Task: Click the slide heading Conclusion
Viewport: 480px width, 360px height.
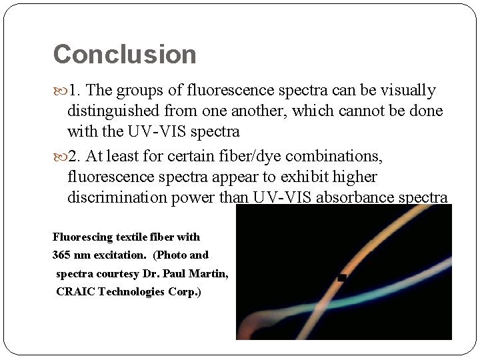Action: coord(125,55)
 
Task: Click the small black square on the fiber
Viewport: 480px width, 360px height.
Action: coord(342,277)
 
